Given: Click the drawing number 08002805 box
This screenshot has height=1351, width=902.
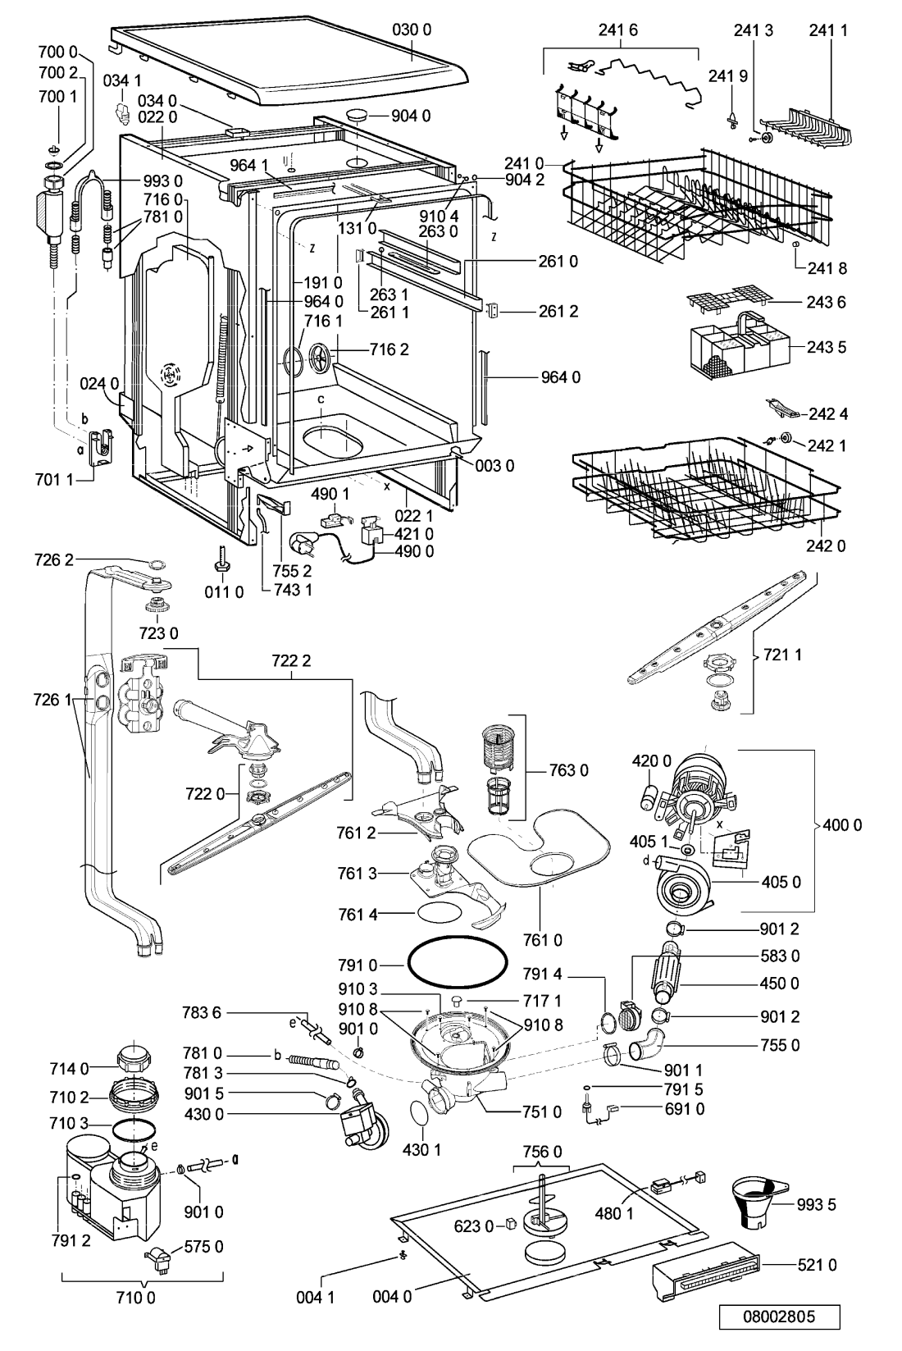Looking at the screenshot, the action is tap(779, 1317).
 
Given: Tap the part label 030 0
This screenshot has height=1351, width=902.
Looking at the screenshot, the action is tap(412, 30).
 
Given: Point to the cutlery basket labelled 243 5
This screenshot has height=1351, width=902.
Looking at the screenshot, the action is tap(740, 345).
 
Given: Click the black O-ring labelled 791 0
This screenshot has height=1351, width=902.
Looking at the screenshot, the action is tap(458, 964).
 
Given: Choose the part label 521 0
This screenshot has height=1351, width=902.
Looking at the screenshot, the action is tap(817, 1266).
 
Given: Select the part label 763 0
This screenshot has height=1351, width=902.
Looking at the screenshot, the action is tap(568, 770).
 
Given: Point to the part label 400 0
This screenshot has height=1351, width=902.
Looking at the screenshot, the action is tap(842, 825).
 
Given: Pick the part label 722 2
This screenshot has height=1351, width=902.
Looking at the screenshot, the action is tap(291, 661).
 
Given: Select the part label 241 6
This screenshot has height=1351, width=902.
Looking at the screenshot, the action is tap(618, 30).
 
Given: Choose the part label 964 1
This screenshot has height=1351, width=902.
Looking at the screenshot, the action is tap(248, 165).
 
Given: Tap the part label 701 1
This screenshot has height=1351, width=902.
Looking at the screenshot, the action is tap(54, 480).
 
